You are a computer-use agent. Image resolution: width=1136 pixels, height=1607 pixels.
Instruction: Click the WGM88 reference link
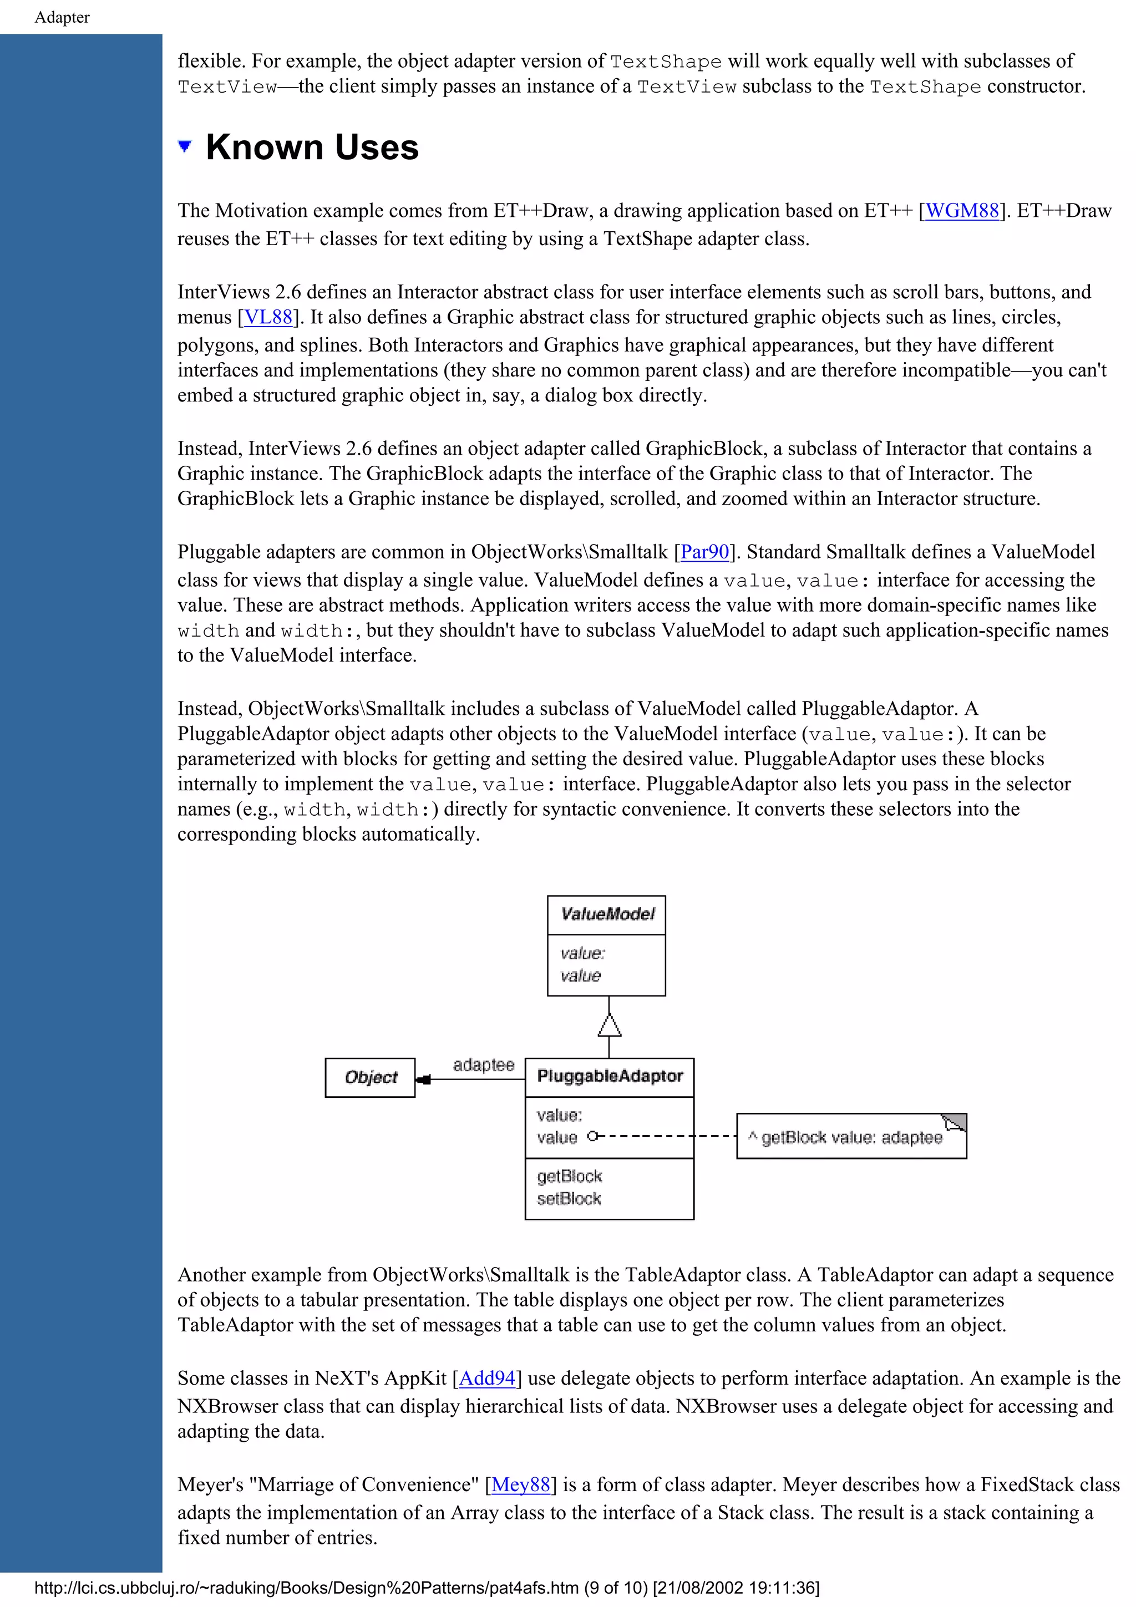(962, 211)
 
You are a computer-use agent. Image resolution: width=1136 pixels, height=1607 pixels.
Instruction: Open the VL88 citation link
(267, 317)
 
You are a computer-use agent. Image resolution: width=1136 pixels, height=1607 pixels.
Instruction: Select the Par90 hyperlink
(704, 552)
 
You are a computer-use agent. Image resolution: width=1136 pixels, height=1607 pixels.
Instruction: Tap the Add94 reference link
(487, 1378)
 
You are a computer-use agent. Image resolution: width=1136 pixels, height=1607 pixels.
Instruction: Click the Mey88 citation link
(521, 1484)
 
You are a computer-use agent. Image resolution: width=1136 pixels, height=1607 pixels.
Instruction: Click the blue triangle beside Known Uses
(185, 146)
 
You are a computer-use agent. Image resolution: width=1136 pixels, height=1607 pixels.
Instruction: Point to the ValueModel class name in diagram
(607, 914)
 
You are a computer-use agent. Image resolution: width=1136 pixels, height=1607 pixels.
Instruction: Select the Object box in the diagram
(371, 1077)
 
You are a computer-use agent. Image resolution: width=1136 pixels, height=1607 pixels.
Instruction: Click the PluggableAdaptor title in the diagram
(610, 1076)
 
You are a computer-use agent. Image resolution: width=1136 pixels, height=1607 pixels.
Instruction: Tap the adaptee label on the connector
(483, 1065)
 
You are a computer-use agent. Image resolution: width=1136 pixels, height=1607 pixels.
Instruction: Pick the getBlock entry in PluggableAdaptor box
(569, 1176)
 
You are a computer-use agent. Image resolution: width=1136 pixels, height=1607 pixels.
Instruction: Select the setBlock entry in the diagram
(569, 1198)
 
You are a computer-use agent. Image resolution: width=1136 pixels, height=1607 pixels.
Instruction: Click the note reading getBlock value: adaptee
(850, 1137)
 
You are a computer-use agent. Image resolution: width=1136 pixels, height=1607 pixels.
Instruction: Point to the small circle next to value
(593, 1136)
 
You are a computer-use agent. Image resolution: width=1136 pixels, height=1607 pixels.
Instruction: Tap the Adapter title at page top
(62, 18)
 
